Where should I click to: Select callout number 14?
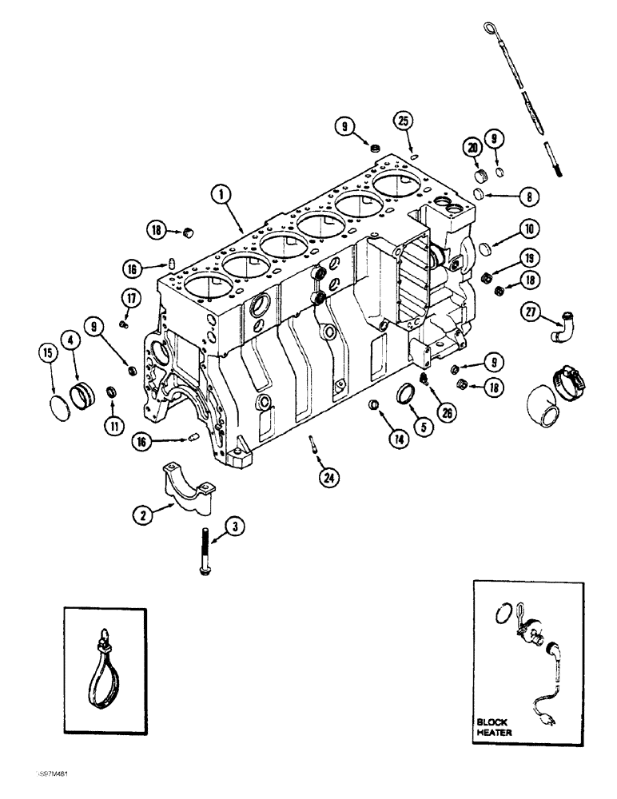click(x=374, y=438)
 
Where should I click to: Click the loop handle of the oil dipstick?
click(x=489, y=31)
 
